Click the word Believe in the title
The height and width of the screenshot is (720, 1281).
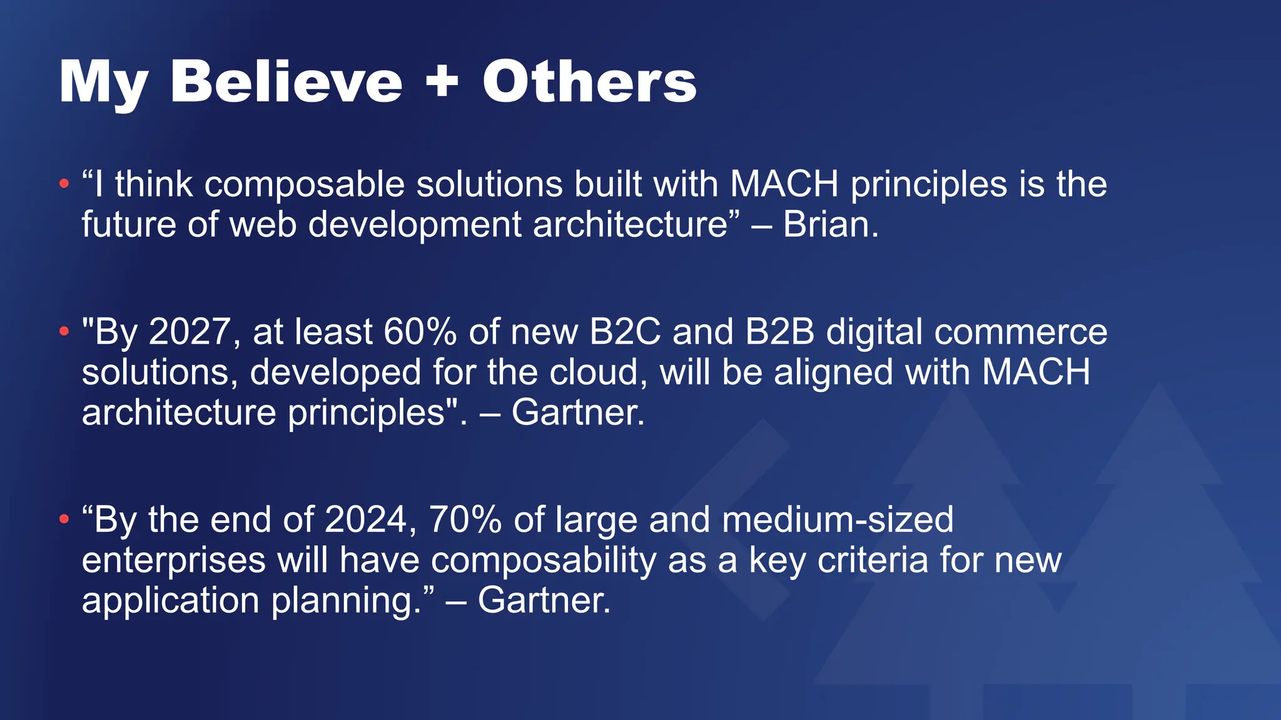click(x=286, y=82)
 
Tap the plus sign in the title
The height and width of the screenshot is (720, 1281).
click(x=442, y=82)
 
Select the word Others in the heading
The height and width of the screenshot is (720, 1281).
click(x=589, y=82)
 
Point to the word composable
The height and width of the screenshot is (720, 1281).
click(x=305, y=184)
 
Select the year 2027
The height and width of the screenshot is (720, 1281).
click(x=190, y=331)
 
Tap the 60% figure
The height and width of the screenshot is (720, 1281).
click(x=420, y=331)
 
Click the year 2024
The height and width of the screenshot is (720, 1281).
click(x=366, y=519)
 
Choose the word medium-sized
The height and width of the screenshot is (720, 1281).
click(x=838, y=519)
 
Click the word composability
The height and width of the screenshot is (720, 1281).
click(x=544, y=560)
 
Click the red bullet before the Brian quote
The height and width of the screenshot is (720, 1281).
click(x=63, y=184)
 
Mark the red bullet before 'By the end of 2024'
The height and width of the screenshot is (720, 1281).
click(x=63, y=519)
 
